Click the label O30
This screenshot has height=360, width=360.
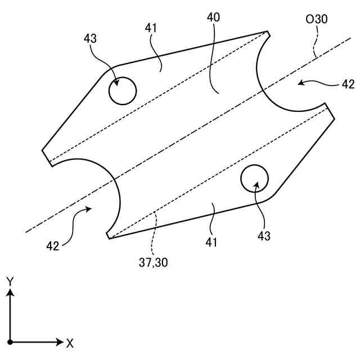pyautogui.click(x=317, y=20)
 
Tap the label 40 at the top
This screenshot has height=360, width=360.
pyautogui.click(x=213, y=17)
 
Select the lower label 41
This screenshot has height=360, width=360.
pyautogui.click(x=211, y=242)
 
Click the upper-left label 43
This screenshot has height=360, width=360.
pyautogui.click(x=90, y=39)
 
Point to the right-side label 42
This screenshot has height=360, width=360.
pyautogui.click(x=348, y=84)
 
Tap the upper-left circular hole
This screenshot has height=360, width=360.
pyautogui.click(x=122, y=91)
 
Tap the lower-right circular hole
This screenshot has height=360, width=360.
pyautogui.click(x=255, y=179)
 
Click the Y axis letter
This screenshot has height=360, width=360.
pyautogui.click(x=10, y=280)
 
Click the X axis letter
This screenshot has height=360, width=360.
pyautogui.click(x=70, y=343)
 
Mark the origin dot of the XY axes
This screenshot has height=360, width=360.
pyautogui.click(x=10, y=341)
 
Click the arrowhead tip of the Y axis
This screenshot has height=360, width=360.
pyautogui.click(x=10, y=289)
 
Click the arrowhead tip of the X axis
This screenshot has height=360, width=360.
pyautogui.click(x=63, y=341)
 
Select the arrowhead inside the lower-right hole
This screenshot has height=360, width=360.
pyautogui.click(x=256, y=184)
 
